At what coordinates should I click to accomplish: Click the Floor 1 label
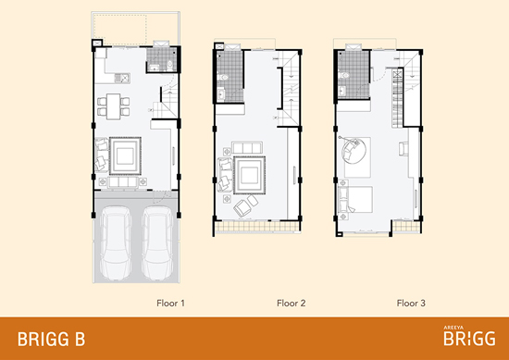pos(170,304)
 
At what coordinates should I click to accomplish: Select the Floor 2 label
pos(291,304)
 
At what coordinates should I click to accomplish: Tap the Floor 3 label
pos(411,304)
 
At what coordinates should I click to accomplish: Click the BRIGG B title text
pos(51,340)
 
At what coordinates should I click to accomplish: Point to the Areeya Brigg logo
pos(469,336)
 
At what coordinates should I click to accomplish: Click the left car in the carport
pos(116,242)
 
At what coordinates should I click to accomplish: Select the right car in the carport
pos(157,242)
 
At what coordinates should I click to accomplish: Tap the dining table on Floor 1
pos(113,106)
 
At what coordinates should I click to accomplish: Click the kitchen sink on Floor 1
pos(122,79)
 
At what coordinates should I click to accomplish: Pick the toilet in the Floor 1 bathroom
pos(169,66)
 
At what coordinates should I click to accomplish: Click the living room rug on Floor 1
pos(125,156)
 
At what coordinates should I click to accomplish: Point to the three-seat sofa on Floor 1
pos(123,182)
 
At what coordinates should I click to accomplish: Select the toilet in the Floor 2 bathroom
pos(223,77)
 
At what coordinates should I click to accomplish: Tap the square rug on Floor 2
pos(249,175)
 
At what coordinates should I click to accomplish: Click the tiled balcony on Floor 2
pos(257,226)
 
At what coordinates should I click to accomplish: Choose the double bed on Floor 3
pos(355,199)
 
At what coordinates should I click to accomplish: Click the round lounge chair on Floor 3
pos(354,150)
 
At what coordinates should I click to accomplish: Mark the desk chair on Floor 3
pos(403,149)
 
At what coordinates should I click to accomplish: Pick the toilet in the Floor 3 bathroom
pos(344,76)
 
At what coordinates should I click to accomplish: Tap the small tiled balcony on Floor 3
pos(406,226)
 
